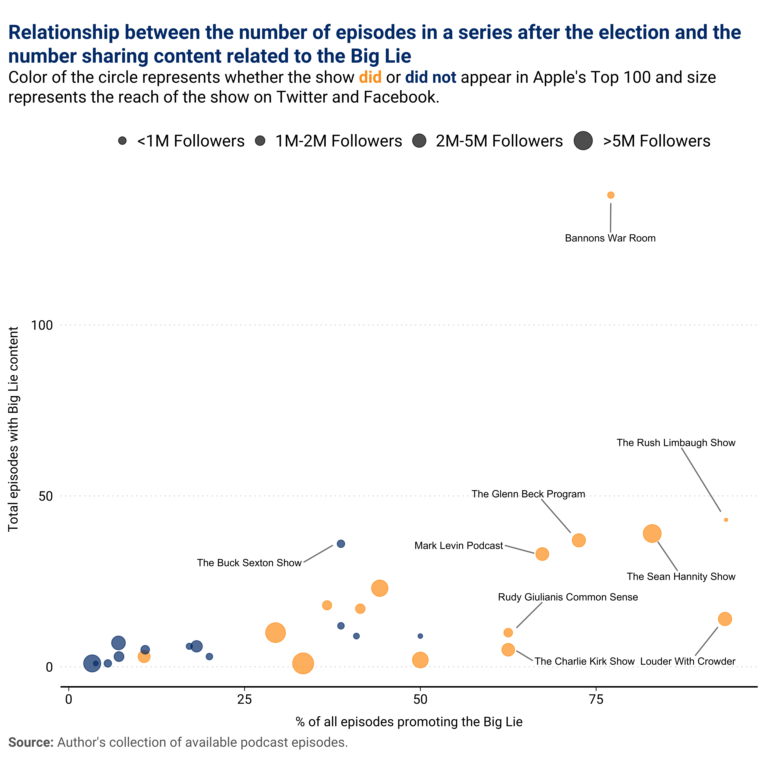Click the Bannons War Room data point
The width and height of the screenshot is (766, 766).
pyautogui.click(x=611, y=195)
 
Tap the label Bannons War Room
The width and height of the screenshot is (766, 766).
pyautogui.click(x=610, y=238)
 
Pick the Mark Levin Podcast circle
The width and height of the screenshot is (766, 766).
pyautogui.click(x=542, y=554)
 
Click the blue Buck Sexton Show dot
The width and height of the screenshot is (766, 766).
pyautogui.click(x=341, y=544)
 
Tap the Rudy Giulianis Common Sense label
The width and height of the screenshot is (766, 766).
pyautogui.click(x=568, y=597)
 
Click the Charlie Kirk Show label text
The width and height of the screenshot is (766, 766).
pyautogui.click(x=584, y=661)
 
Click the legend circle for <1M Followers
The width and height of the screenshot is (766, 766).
pyautogui.click(x=123, y=141)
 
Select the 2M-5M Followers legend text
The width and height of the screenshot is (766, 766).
pyautogui.click(x=499, y=141)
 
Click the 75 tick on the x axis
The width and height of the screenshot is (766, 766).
pyautogui.click(x=596, y=699)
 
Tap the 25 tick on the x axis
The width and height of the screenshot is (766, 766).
pyautogui.click(x=245, y=699)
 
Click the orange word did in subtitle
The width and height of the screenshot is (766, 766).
pyautogui.click(x=370, y=77)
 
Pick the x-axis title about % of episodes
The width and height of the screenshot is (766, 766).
pyautogui.click(x=409, y=722)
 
